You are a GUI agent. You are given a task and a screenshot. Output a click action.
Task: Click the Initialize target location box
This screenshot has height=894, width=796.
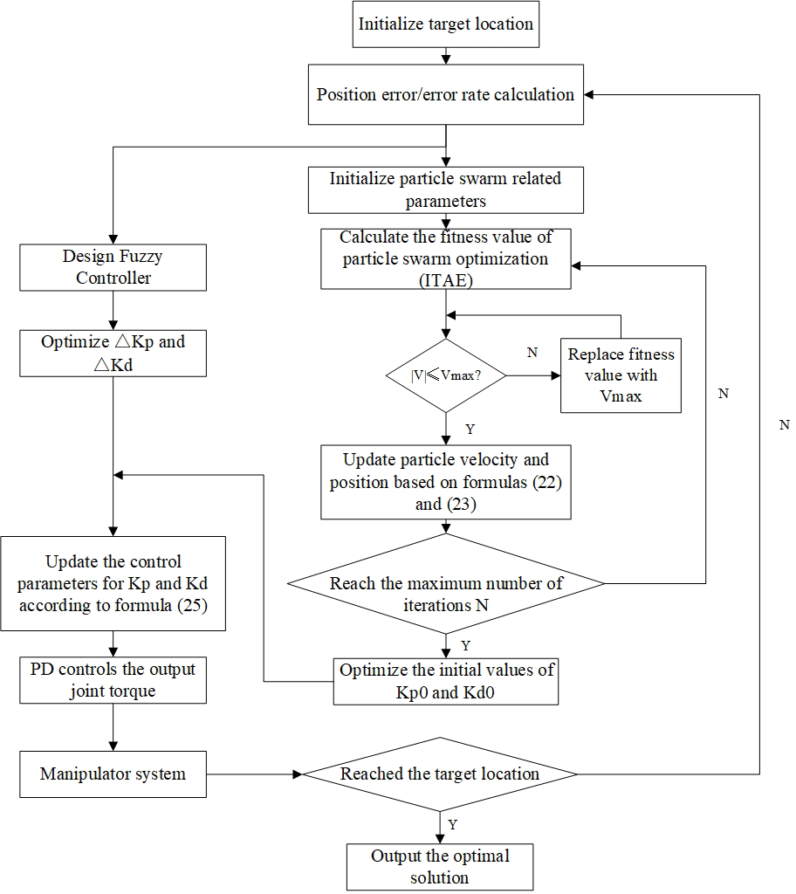click(x=446, y=24)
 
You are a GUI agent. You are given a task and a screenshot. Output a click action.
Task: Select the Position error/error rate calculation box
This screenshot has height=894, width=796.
click(x=446, y=94)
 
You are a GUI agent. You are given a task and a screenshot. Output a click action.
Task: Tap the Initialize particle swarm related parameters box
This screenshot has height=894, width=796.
click(x=446, y=189)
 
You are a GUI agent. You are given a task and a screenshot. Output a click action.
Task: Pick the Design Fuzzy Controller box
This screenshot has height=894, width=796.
click(x=113, y=267)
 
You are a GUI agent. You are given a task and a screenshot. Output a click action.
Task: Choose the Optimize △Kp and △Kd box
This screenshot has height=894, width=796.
click(x=113, y=353)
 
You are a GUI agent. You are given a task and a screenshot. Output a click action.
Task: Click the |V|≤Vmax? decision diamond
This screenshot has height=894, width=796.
click(x=446, y=375)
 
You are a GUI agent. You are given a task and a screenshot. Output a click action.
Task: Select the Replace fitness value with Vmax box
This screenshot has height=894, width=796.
click(x=621, y=375)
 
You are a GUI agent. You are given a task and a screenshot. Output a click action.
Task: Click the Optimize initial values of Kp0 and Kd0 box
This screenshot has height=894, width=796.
click(x=446, y=681)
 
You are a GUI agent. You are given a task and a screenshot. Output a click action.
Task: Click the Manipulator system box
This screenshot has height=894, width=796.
click(x=113, y=774)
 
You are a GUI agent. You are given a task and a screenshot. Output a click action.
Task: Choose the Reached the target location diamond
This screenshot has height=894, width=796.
click(x=440, y=774)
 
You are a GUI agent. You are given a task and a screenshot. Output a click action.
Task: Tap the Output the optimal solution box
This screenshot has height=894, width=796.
click(x=440, y=866)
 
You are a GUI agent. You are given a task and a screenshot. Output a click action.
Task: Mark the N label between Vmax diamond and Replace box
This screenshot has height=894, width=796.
click(x=532, y=353)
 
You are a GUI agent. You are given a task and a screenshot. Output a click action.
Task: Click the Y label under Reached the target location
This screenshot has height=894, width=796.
click(x=452, y=824)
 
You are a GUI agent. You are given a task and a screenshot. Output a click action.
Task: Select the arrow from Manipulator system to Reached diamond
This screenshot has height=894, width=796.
click(x=253, y=774)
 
